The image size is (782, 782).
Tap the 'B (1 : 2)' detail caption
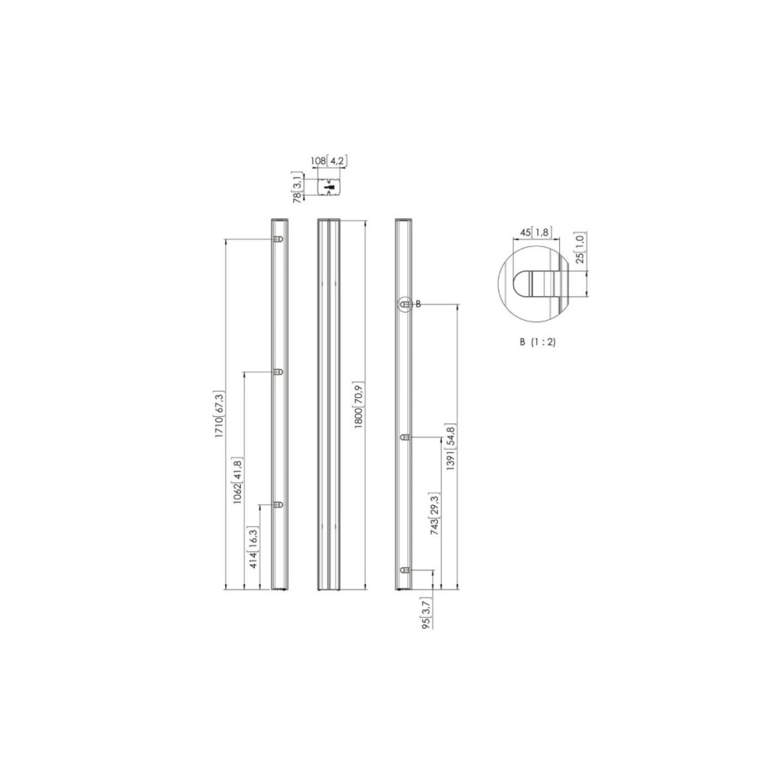(537, 343)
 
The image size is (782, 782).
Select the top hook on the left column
(278, 239)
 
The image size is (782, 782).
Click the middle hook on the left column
(278, 372)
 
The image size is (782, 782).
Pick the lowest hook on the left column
(278, 505)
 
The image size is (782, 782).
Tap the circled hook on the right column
(405, 304)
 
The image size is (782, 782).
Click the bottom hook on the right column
(405, 570)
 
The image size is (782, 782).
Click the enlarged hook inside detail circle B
(536, 285)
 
